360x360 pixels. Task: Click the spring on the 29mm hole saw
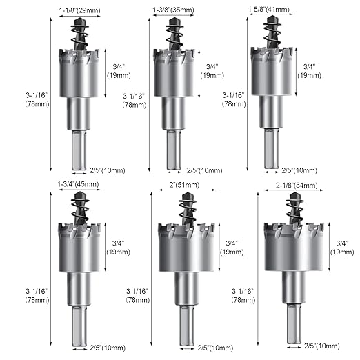[x=79, y=38]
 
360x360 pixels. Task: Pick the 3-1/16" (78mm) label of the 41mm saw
[x=232, y=99]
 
